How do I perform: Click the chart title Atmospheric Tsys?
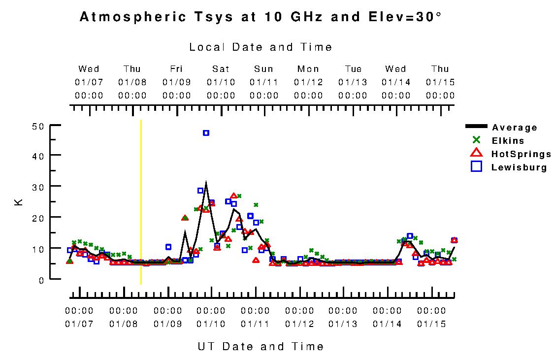(x=261, y=17)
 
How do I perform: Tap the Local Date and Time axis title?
(x=261, y=47)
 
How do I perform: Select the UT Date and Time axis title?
(x=261, y=346)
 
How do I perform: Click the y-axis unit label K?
(x=19, y=202)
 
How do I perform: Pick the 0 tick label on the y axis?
(x=42, y=280)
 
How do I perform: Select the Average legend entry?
(x=514, y=128)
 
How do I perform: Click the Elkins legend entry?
(x=507, y=141)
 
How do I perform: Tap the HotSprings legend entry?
(x=521, y=154)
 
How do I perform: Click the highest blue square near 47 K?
(x=206, y=133)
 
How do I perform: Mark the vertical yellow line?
(x=141, y=202)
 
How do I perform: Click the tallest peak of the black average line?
(x=206, y=183)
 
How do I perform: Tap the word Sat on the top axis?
(x=220, y=69)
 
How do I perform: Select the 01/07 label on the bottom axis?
(x=79, y=324)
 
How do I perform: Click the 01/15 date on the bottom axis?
(x=431, y=324)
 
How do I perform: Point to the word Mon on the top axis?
(x=308, y=69)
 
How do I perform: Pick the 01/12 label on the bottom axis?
(x=299, y=324)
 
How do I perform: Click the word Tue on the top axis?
(x=353, y=69)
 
